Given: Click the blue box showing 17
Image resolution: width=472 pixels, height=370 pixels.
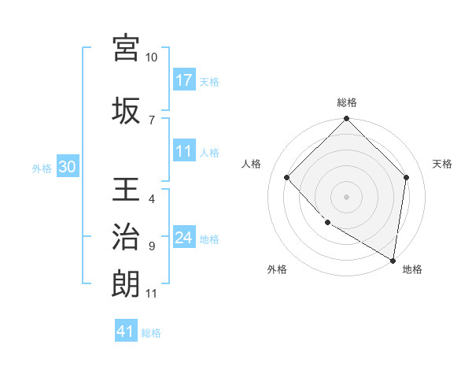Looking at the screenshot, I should coord(184,80).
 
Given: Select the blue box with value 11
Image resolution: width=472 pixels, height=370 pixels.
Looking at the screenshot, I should coord(184,152).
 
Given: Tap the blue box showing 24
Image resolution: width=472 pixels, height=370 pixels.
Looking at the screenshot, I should coord(184,238).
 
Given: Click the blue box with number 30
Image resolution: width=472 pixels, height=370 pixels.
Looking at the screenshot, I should coord(67,168).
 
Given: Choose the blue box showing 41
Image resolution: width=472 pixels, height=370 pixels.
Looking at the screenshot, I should coord(126,331).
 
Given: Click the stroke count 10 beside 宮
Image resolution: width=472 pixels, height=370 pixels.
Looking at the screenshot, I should coord(152,57).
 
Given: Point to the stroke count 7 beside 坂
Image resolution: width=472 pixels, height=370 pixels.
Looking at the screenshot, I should coord(152,120).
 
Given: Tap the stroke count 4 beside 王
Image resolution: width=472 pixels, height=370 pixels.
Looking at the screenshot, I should coord(152,199).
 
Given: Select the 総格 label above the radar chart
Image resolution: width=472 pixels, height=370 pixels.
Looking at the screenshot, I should coord(346,102).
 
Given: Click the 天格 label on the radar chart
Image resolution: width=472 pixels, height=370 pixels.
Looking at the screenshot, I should coord(442,164).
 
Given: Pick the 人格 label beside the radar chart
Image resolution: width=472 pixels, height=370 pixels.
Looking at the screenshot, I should coord(251,164).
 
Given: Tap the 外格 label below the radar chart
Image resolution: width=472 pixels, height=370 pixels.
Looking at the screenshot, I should coord(277,269).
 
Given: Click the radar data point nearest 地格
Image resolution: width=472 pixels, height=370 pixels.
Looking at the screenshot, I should coord(393,260).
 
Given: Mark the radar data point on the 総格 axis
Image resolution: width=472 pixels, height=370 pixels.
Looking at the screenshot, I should coord(346,120).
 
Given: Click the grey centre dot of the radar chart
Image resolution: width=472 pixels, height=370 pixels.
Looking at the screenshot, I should coord(346,196).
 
